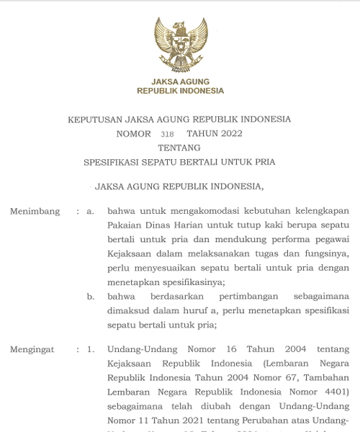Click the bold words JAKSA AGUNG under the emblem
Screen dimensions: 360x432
tap(181, 81)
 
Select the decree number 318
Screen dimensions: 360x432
tap(167, 134)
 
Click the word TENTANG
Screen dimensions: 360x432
tap(179, 148)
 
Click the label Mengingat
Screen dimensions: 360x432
tap(32, 350)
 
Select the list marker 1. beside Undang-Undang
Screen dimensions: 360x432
tap(90, 350)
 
